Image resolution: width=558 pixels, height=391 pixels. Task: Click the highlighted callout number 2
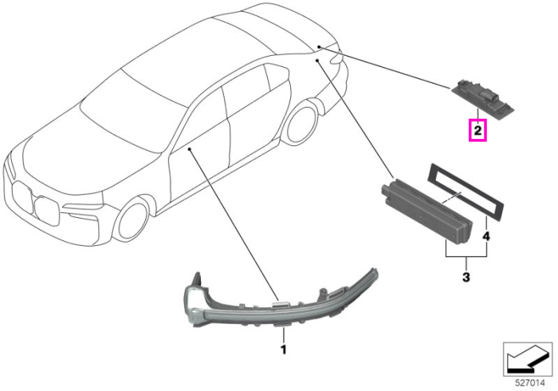pyautogui.click(x=477, y=130)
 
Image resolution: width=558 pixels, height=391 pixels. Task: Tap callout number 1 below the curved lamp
pyautogui.click(x=283, y=350)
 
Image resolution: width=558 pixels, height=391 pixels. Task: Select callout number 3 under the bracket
pyautogui.click(x=466, y=276)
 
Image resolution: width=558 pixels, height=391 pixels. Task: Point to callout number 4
pyautogui.click(x=486, y=235)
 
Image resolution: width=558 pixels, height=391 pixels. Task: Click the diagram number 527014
pyautogui.click(x=530, y=383)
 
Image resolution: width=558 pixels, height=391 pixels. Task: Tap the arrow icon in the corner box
pyautogui.click(x=527, y=359)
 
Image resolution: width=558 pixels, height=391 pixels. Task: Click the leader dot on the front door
pyautogui.click(x=190, y=149)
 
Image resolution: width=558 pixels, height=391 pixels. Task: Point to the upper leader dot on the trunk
pyautogui.click(x=319, y=46)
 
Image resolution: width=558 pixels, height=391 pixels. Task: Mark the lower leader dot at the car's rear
pyautogui.click(x=316, y=61)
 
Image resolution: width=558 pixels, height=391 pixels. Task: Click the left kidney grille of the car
pyautogui.click(x=21, y=197)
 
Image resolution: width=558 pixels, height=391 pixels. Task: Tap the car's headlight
pyautogui.click(x=83, y=207)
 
